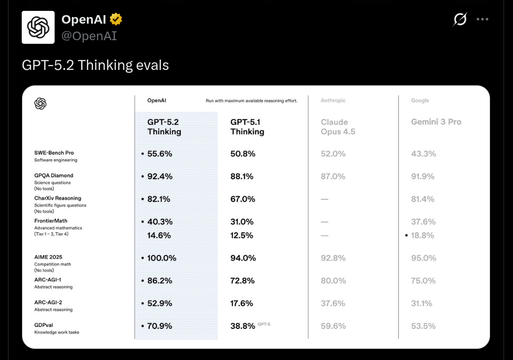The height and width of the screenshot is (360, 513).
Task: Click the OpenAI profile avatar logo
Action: pos(38,27)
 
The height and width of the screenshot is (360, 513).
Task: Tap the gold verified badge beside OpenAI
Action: pos(116,19)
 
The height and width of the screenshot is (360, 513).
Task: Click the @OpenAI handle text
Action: pos(89,36)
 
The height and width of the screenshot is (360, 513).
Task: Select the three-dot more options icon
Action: pos(482,19)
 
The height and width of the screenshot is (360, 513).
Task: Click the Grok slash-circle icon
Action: pos(460,19)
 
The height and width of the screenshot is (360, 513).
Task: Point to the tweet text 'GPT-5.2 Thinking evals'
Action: pos(95,65)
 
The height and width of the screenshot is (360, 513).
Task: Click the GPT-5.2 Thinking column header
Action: pos(164,127)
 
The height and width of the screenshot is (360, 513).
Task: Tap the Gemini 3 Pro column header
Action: pos(436,122)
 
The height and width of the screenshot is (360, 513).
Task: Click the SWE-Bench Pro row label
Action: pos(54,153)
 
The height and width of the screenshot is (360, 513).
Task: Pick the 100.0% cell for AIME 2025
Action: pos(161,258)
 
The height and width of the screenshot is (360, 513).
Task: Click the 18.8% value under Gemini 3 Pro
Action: pos(422,235)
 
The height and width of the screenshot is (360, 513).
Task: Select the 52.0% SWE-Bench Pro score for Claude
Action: pos(333,154)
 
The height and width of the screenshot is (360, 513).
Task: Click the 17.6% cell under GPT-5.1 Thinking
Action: pos(242,303)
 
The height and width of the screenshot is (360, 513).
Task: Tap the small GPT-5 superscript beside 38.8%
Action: pos(264,325)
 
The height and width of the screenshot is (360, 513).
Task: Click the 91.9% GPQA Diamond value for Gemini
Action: pos(423,176)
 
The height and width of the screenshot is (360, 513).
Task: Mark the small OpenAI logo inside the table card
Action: pos(41,103)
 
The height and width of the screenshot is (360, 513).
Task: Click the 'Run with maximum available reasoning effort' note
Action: pos(251,101)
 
